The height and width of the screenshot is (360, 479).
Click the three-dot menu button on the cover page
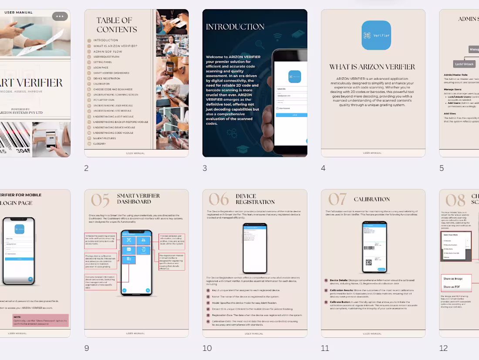[x=60, y=16]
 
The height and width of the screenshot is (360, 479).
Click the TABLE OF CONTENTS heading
[x=117, y=25]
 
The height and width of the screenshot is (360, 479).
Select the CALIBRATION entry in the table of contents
[x=101, y=84]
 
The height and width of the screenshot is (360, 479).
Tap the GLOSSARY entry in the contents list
[x=99, y=143]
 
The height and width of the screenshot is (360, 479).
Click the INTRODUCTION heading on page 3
[x=235, y=27]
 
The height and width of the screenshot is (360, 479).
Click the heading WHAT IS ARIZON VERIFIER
[x=372, y=67]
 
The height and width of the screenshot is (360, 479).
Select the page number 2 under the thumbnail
[x=86, y=168]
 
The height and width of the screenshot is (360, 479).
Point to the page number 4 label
[x=323, y=168]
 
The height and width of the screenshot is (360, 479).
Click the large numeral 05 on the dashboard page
[x=100, y=200]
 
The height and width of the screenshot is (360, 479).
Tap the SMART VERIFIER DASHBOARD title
[x=138, y=199]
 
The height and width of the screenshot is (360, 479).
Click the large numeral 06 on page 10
[x=219, y=200]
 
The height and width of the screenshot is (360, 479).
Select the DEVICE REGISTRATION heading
[x=255, y=199]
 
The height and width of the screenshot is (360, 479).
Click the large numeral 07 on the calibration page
[x=337, y=199]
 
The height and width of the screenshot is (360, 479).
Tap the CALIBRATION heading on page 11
[x=372, y=199]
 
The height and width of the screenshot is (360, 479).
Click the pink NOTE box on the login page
[x=40, y=320]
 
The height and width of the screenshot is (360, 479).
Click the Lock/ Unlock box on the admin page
[x=465, y=64]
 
